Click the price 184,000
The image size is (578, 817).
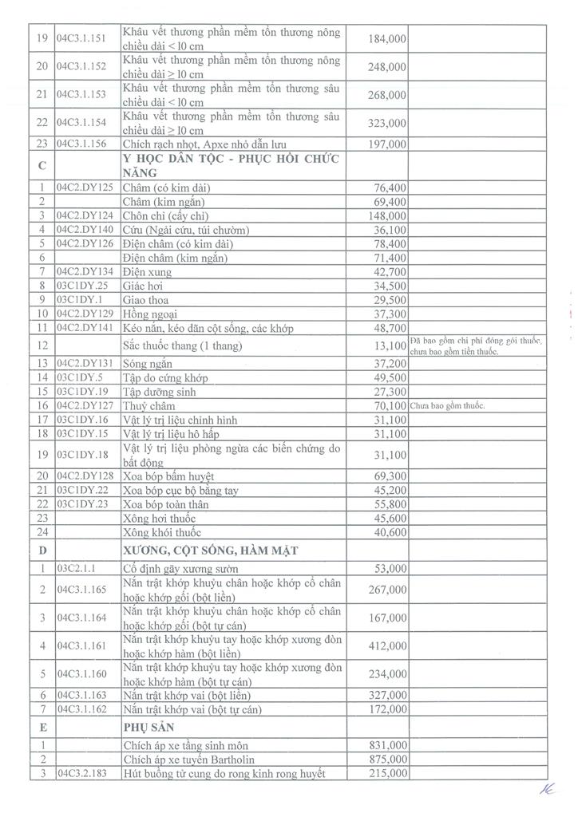(387, 38)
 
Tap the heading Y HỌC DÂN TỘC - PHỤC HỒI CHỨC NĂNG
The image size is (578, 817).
(232, 165)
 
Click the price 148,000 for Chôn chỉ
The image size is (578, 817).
(387, 216)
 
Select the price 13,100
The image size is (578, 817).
(390, 345)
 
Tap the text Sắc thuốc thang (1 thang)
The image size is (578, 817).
(183, 345)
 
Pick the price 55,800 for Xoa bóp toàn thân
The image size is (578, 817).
(390, 504)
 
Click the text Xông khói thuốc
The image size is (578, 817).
(161, 532)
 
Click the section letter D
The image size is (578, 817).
(42, 550)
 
